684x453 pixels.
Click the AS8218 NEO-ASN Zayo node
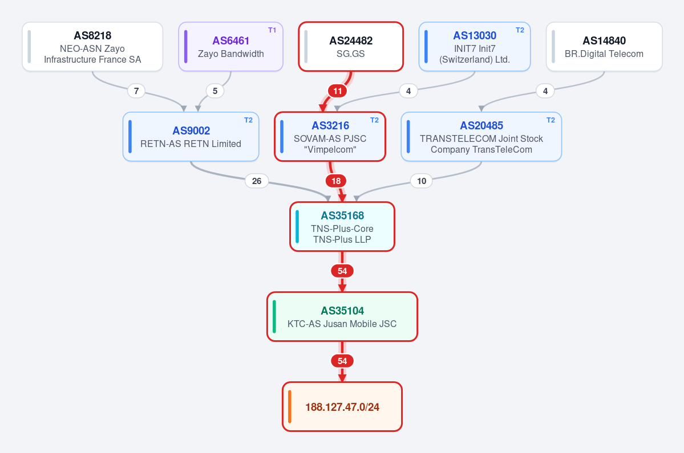(x=92, y=47)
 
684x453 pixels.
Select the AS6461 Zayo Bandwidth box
(x=231, y=47)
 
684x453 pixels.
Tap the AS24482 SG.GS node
(x=351, y=47)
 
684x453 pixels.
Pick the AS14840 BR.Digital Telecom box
(x=604, y=47)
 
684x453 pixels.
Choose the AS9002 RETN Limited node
(x=191, y=137)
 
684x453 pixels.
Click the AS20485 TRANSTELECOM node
(x=481, y=137)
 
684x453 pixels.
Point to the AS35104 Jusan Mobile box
(x=342, y=317)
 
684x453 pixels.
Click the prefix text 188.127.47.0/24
(x=342, y=407)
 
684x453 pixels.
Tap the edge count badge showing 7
(x=136, y=91)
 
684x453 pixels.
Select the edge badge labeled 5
(x=215, y=91)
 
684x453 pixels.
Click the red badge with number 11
(x=338, y=91)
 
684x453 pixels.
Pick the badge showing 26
(x=257, y=181)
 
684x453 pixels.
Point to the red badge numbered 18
(x=336, y=181)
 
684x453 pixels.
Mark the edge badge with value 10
(x=422, y=181)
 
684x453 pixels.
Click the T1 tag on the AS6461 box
(x=272, y=30)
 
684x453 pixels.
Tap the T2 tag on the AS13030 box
(x=520, y=30)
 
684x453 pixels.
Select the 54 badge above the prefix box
(x=342, y=361)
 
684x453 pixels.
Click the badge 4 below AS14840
(x=545, y=91)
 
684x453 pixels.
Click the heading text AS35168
(x=342, y=215)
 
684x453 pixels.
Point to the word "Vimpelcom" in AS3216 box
(x=330, y=150)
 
